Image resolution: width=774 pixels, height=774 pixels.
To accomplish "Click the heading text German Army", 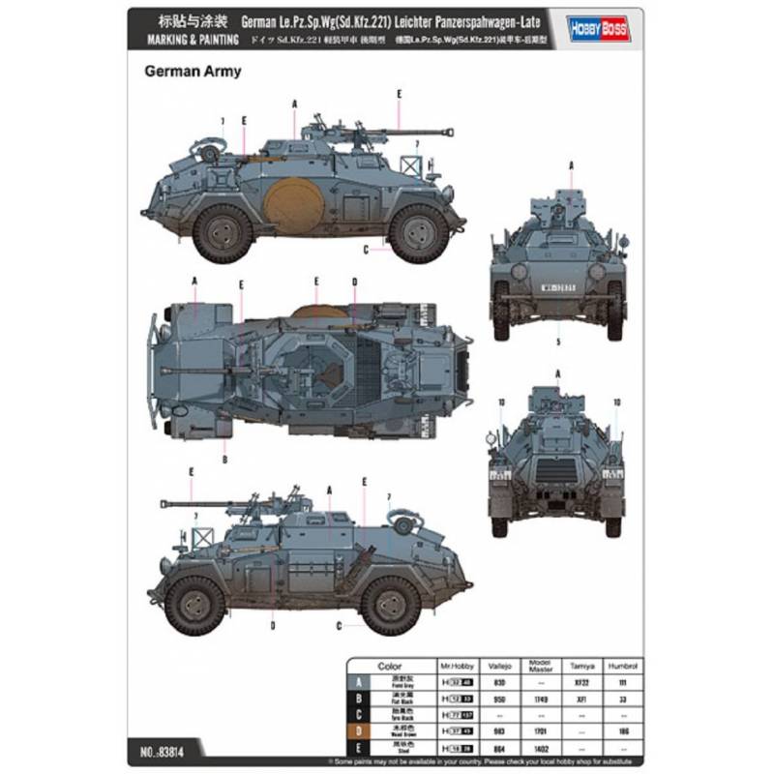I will tap(193, 71).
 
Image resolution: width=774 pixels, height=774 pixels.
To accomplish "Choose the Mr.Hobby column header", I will tap(461, 668).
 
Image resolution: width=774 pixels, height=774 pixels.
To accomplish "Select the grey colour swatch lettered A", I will tap(361, 683).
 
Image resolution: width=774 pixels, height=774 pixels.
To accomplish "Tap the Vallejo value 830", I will tap(499, 683).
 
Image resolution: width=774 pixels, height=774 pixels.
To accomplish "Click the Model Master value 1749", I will tap(539, 698).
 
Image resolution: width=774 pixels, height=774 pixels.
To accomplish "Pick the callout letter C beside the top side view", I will tap(366, 251).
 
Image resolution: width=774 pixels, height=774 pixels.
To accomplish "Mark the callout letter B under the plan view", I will tap(223, 460).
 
